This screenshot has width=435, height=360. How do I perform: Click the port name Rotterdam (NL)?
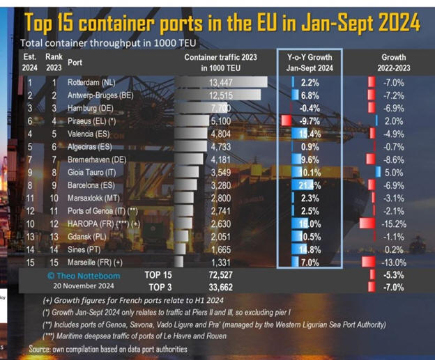[90, 81]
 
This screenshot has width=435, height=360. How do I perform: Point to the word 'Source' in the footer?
[43, 347]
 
